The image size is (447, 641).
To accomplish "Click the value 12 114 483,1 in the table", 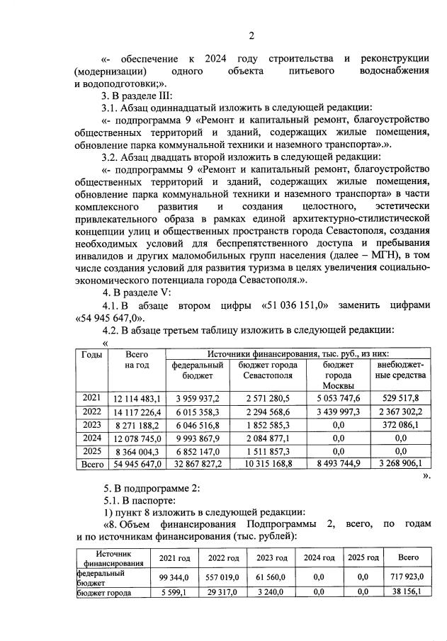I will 137,399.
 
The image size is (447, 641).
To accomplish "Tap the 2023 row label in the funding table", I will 91,424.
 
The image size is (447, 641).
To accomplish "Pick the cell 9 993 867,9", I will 196,437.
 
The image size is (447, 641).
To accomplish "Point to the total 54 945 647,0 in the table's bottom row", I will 137,463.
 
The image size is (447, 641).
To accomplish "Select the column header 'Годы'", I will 92,354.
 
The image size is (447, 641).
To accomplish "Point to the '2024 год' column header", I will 319,557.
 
